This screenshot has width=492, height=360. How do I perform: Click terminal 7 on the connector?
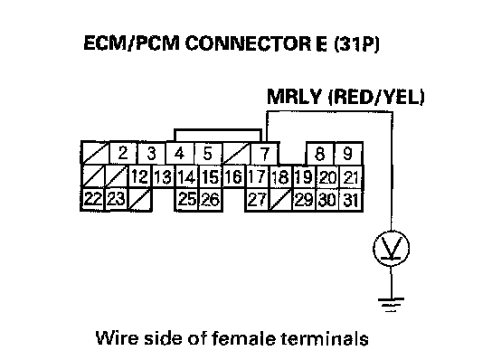(x=265, y=153)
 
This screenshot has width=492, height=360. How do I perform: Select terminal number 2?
(x=123, y=153)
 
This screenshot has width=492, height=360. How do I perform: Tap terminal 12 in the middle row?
(x=140, y=176)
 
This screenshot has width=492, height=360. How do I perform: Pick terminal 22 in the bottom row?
(x=93, y=199)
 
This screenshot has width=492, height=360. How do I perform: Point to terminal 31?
(x=351, y=200)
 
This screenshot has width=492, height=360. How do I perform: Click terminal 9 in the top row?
(x=348, y=153)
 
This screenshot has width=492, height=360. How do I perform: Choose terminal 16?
(x=233, y=176)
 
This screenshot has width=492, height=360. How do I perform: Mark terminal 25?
(x=187, y=199)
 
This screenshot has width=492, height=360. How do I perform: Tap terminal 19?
(x=304, y=176)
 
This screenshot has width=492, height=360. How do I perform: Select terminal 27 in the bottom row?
(x=257, y=199)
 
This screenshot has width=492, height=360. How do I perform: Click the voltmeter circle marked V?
(x=392, y=248)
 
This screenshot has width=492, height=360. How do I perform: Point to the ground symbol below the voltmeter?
(x=392, y=304)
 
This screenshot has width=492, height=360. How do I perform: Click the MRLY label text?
(x=294, y=97)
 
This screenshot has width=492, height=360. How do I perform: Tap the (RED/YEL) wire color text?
(x=376, y=98)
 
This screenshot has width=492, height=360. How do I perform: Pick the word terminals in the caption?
(x=325, y=338)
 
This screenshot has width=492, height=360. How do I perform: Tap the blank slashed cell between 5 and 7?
(x=236, y=153)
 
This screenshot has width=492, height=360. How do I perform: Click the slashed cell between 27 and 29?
(x=281, y=200)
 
